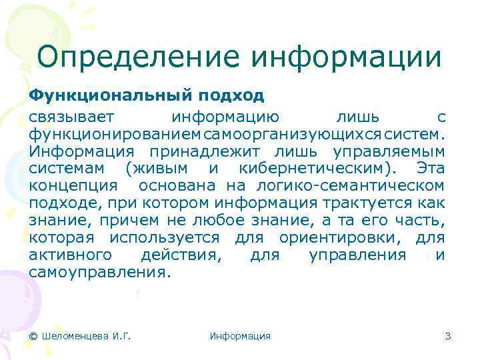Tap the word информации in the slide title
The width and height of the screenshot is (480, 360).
(346, 56)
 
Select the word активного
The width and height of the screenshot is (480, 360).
(73, 255)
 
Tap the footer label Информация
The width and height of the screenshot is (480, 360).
(240, 336)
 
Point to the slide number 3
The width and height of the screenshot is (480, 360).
(448, 336)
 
